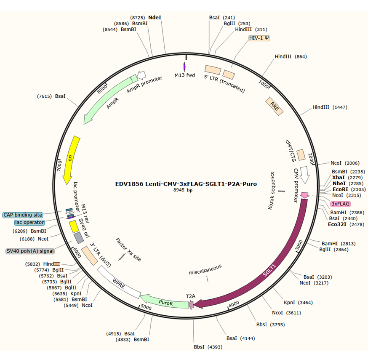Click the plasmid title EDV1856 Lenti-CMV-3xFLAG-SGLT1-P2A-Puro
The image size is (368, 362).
[x=186, y=184]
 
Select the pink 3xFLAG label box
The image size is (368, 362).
[x=340, y=204]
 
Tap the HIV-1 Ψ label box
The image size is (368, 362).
[x=259, y=38]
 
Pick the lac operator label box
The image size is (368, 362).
[x=29, y=222]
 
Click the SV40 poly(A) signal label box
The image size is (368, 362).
[x=30, y=251]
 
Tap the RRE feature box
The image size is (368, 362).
[x=275, y=105]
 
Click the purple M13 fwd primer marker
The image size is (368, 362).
[x=184, y=67]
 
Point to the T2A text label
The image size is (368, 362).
[x=191, y=296]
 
